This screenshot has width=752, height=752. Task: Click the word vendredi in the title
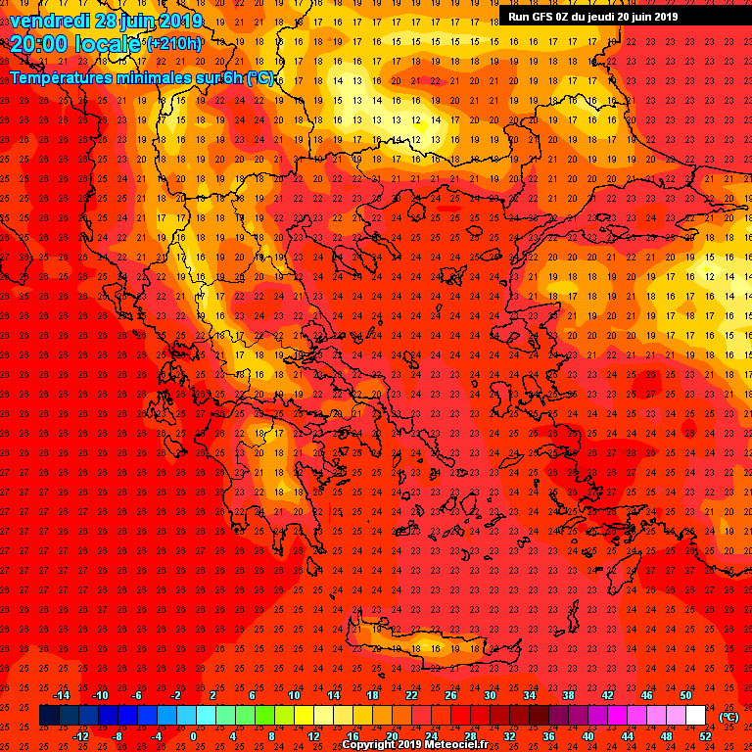point(48,21)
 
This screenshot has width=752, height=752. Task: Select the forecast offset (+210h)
point(174,44)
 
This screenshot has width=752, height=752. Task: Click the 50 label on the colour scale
point(685,695)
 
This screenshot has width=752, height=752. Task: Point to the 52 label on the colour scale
point(705,736)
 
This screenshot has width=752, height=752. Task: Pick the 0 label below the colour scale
point(193,736)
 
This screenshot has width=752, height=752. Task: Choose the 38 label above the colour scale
point(568,695)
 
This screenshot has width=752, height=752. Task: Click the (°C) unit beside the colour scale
point(728,716)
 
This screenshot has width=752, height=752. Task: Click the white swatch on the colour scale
point(695,716)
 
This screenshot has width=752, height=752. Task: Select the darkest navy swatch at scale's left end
point(49,716)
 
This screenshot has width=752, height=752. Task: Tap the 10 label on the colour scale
point(294,695)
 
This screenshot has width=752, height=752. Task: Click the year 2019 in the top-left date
point(182,21)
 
